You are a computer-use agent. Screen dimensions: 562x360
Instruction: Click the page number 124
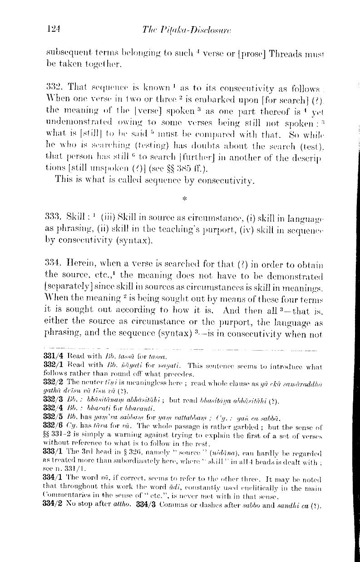[54, 29]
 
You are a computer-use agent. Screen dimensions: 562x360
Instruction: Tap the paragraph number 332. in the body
[54, 88]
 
